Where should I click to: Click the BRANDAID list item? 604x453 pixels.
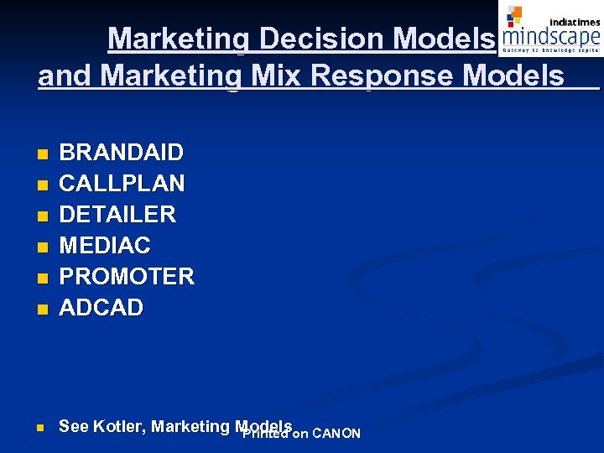[x=121, y=153]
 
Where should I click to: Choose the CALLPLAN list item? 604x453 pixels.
[x=122, y=184]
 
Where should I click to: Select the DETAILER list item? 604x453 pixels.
[x=117, y=215]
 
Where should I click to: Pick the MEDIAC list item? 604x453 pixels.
[x=105, y=246]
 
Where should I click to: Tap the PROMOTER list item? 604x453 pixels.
[x=127, y=277]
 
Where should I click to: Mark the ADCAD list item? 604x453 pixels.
[x=102, y=308]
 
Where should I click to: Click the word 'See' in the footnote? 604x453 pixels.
[x=74, y=426]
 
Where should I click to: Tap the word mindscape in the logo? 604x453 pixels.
[x=550, y=36]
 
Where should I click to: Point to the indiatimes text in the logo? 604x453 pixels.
[x=574, y=21]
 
